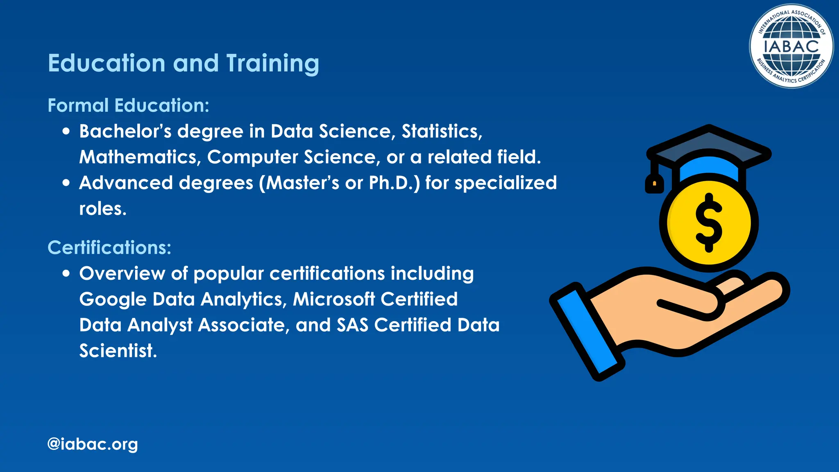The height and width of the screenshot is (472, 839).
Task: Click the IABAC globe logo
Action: point(791,46)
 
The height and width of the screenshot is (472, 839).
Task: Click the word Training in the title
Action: point(272,64)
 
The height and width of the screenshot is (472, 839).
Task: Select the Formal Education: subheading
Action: point(128,105)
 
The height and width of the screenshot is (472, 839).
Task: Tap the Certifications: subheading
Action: point(109,247)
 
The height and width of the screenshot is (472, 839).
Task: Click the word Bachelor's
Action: point(125,132)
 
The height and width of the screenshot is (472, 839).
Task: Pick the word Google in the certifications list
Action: point(112,300)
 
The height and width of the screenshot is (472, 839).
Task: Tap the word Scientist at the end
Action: point(118,351)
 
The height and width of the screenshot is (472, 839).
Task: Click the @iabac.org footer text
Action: point(93,444)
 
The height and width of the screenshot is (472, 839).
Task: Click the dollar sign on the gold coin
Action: point(709,222)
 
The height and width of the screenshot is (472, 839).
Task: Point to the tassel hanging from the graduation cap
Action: point(654,183)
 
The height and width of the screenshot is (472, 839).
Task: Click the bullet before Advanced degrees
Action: point(66,183)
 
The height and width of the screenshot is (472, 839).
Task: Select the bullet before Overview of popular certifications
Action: point(66,274)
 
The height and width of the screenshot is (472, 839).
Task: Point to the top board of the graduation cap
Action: point(709,143)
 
